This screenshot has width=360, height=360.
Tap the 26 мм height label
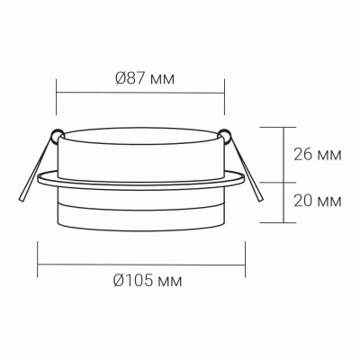coord(318,154)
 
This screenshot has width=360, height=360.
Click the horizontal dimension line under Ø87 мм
coord(139,91)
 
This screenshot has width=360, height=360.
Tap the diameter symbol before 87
coord(121,77)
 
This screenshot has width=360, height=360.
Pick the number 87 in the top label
coord(137,77)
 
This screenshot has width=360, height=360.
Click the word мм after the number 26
coord(329,154)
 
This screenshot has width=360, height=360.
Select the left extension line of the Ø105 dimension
coord(37,256)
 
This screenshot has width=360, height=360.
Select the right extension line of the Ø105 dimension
coord(246,256)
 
